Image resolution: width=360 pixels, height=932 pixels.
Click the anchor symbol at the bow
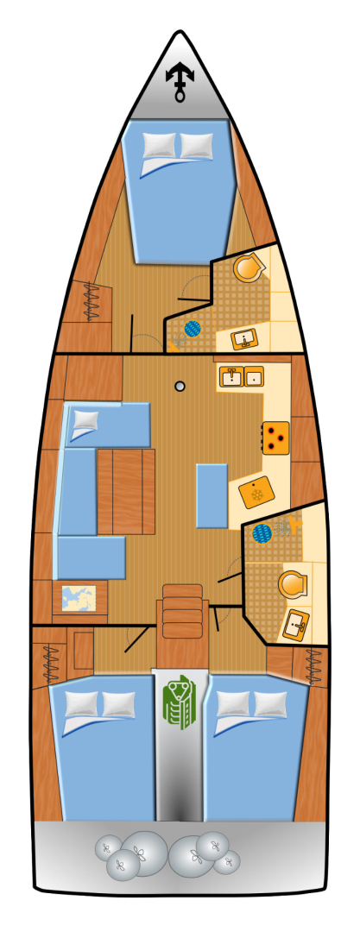(180, 81)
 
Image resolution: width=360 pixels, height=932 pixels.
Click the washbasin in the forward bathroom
(246, 339)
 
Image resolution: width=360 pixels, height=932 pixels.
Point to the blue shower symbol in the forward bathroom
(191, 329)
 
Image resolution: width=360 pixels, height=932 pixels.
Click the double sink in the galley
(241, 376)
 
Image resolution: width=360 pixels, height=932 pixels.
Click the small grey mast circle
(180, 387)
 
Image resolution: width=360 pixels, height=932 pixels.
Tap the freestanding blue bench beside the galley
(212, 495)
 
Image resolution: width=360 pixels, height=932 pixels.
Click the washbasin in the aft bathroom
(296, 623)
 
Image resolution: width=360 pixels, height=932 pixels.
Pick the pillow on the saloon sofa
(86, 420)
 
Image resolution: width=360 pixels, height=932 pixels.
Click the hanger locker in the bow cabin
(91, 302)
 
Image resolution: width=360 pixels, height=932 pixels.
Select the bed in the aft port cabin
(102, 746)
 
